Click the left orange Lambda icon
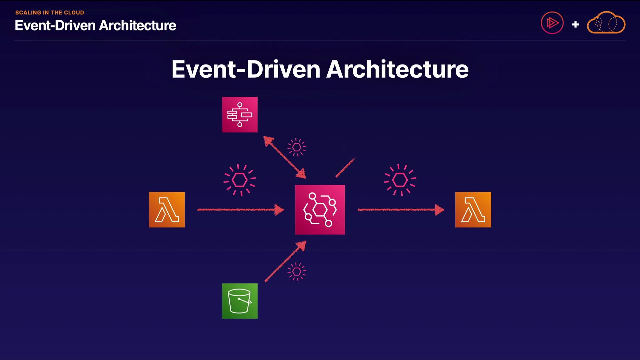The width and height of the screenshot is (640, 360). click(167, 210)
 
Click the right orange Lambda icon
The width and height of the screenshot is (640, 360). click(473, 210)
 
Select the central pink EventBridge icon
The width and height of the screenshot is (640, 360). click(320, 210)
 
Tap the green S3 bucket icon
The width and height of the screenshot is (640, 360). click(240, 301)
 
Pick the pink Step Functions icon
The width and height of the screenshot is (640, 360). click(240, 115)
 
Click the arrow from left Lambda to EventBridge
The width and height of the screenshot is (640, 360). click(240, 210)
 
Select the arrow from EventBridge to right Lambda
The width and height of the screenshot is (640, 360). click(400, 210)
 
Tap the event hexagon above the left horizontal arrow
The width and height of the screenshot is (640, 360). click(239, 180)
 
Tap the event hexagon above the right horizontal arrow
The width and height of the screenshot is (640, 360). click(400, 180)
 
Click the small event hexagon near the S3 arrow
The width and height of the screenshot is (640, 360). click(297, 272)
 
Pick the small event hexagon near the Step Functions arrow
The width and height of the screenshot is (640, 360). click(297, 147)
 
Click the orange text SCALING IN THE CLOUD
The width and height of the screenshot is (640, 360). click(50, 13)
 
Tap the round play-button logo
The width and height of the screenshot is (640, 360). click(552, 23)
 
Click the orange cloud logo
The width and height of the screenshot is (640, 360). click(606, 23)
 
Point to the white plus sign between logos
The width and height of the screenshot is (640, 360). click(575, 24)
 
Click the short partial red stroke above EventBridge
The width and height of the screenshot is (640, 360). click(345, 168)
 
